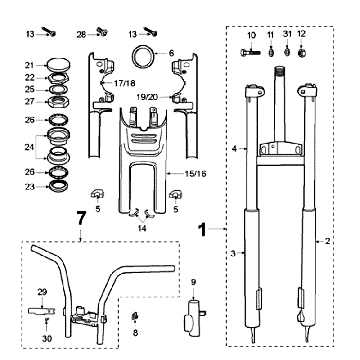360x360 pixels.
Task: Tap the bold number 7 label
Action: coord(79,217)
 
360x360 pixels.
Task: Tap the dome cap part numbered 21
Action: coord(58,62)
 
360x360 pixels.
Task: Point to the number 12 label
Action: coord(303,34)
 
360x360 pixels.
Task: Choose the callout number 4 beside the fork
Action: coord(235,148)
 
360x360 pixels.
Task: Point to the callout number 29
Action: coord(42,291)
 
